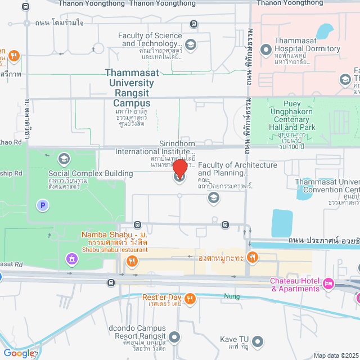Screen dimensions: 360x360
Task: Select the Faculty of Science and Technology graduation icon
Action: pyautogui.click(x=190, y=44)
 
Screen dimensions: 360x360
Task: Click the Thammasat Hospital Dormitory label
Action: pyautogui.click(x=307, y=44)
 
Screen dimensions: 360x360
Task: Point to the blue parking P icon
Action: pyautogui.click(x=42, y=206)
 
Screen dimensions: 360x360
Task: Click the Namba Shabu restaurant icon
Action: pyautogui.click(x=132, y=260)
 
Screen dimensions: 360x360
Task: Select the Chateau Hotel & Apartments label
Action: pyautogui.click(x=295, y=285)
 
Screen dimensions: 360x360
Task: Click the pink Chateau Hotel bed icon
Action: pyautogui.click(x=329, y=282)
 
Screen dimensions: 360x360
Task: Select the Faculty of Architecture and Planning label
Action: pyautogui.click(x=237, y=169)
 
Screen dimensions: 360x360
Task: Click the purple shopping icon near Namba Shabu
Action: pyautogui.click(x=71, y=259)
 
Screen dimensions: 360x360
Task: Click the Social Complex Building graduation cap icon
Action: pyautogui.click(x=64, y=159)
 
